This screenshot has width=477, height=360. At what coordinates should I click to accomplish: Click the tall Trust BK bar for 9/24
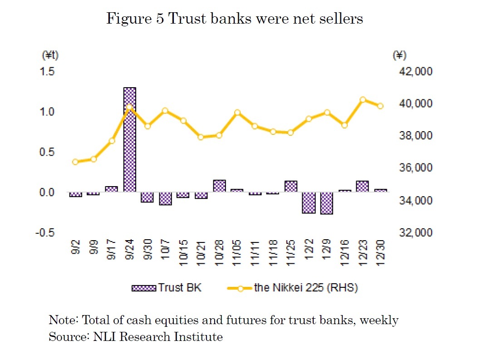[x=130, y=139]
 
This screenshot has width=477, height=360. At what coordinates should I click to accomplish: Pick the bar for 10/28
[x=219, y=186]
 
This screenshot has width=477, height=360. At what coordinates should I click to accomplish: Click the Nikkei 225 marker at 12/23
[x=363, y=100]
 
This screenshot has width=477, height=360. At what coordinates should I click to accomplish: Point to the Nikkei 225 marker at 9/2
[x=76, y=162]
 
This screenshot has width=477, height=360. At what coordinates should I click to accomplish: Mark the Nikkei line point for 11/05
[x=237, y=113]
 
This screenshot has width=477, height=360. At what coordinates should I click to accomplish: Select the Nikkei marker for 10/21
[x=201, y=137]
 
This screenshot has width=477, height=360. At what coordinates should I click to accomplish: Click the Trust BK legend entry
[x=166, y=288]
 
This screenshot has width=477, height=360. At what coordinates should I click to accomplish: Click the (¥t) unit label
[x=50, y=55]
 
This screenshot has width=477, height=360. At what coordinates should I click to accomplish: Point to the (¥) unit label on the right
[x=399, y=55]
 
